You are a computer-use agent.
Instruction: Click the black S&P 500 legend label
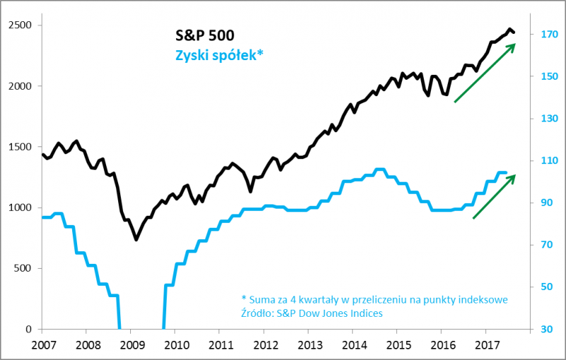click(204, 35)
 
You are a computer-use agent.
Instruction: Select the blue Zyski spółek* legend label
click(219, 54)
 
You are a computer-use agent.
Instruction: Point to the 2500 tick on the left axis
click(21, 25)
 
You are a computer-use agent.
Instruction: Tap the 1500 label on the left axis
click(21, 147)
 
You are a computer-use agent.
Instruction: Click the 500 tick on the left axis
click(25, 269)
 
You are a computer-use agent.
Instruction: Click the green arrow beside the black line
click(485, 73)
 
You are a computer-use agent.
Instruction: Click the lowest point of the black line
click(136, 240)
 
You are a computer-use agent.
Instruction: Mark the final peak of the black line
click(510, 29)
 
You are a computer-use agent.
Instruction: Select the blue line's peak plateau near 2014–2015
click(379, 170)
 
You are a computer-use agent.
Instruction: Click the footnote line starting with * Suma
click(374, 299)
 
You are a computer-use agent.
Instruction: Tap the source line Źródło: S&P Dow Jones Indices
click(311, 313)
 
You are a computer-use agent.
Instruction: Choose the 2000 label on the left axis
click(21, 86)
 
